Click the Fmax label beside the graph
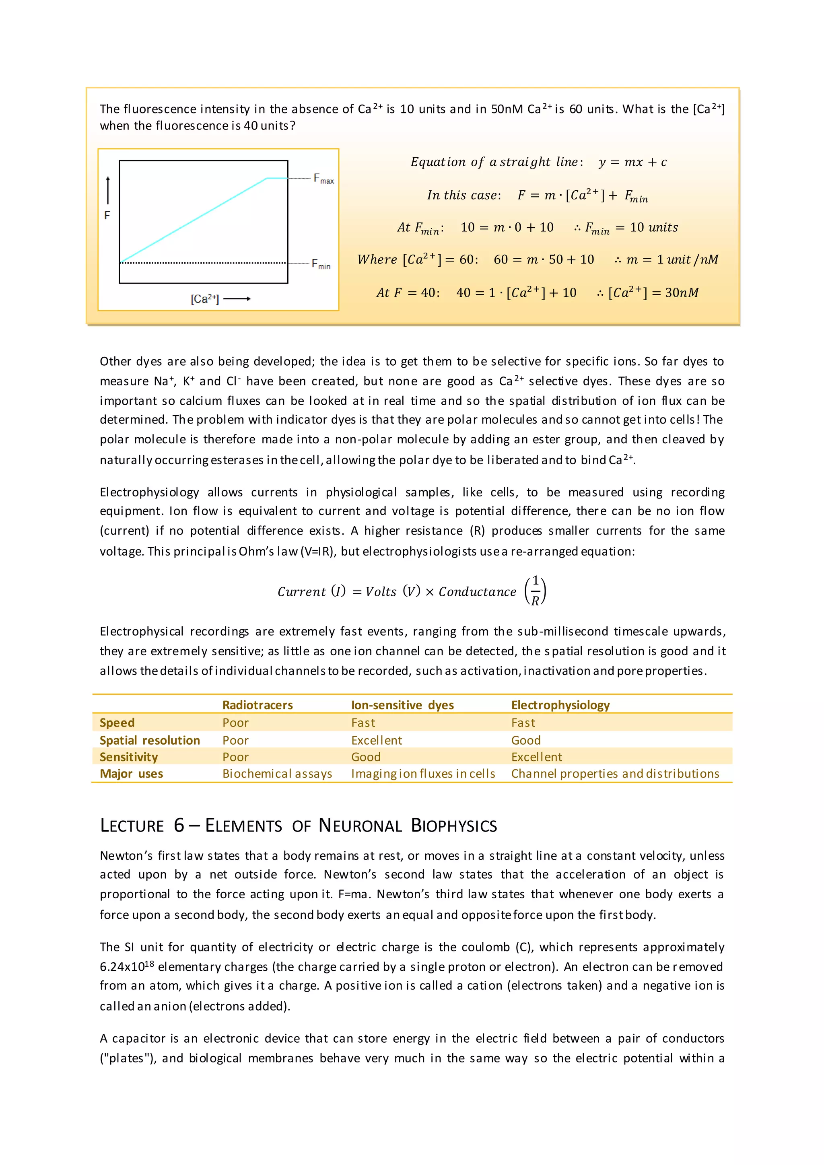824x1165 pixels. (323, 179)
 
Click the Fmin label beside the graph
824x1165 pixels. (321, 264)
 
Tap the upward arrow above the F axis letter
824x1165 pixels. (107, 190)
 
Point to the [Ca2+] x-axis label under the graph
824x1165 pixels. (204, 299)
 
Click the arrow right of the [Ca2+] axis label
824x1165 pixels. (237, 299)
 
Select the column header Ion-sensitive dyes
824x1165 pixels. (402, 705)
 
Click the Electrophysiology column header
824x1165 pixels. (560, 705)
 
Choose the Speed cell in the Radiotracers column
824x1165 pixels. (235, 722)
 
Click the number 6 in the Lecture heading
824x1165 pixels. (179, 825)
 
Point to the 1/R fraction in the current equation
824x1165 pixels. (535, 591)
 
